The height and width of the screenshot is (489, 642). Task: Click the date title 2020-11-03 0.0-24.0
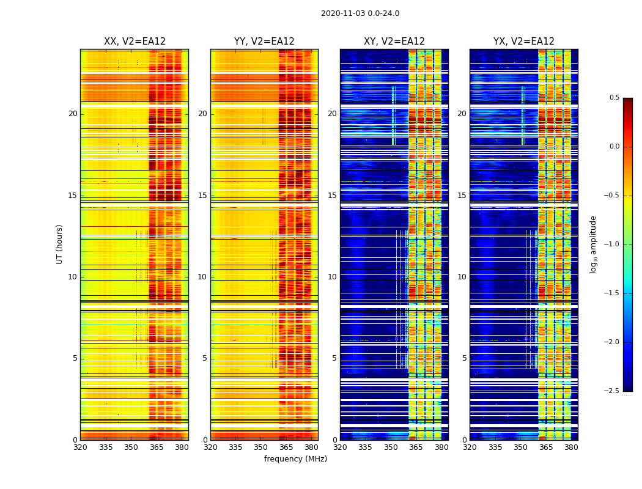coord(360,13)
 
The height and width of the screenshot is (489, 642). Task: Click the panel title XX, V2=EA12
coord(135,42)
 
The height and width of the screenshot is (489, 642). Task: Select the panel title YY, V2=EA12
coord(264,42)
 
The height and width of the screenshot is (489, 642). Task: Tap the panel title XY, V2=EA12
coord(394,42)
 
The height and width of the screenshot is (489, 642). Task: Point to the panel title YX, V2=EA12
coord(524,42)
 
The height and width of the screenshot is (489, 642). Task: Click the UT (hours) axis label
coord(59,244)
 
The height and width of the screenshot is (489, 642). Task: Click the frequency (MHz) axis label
coord(295,459)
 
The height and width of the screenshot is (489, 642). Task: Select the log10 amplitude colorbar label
coord(593,244)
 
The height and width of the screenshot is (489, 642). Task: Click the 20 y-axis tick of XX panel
coord(73,114)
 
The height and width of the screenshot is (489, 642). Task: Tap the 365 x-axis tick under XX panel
coord(157,447)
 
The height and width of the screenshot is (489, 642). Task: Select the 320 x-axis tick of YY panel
coord(210,447)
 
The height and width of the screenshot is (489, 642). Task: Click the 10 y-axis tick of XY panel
coord(332,277)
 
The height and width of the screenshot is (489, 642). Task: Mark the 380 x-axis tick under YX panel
coord(571,447)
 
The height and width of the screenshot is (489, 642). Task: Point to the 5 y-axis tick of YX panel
coord(465,358)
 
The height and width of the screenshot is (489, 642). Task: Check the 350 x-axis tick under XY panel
coord(391,447)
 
